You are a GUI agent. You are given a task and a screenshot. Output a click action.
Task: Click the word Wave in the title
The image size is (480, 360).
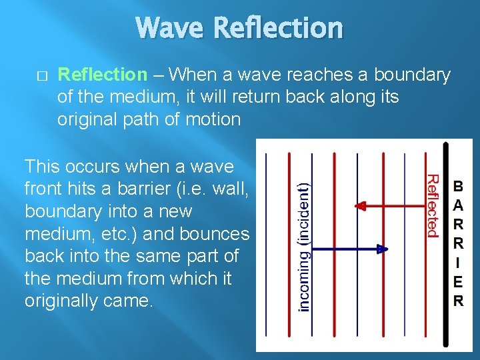[x=170, y=28]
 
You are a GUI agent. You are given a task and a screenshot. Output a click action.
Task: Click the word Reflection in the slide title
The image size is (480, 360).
[x=279, y=28]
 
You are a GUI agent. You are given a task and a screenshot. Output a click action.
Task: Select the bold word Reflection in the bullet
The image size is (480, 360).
[x=102, y=75]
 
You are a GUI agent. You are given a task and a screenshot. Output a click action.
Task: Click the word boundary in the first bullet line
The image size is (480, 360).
[x=413, y=75]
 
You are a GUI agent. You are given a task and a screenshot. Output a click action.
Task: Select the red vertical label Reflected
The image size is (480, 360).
[x=432, y=205]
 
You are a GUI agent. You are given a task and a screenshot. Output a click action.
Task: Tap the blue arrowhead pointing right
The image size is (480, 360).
[x=382, y=249]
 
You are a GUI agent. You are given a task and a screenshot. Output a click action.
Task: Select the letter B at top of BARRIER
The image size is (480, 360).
[x=459, y=185]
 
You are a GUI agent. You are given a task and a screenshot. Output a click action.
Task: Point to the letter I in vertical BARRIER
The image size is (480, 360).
[x=459, y=263]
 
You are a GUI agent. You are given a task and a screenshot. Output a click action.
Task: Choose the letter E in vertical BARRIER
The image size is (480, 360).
[x=459, y=282]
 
